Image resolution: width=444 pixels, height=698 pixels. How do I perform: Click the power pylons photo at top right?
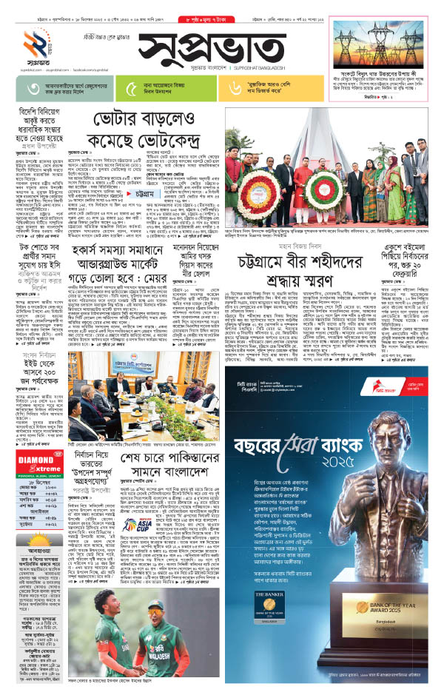coord(381,37)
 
